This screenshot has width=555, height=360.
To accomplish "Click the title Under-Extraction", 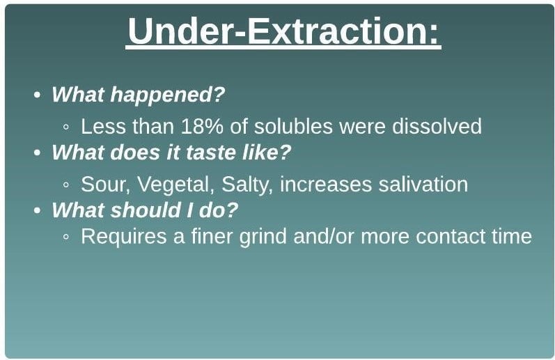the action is [x=283, y=31].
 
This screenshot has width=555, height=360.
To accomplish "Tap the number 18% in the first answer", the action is [x=202, y=126].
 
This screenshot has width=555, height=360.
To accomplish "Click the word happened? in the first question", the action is [x=168, y=95].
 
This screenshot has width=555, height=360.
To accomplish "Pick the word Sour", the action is [x=105, y=185].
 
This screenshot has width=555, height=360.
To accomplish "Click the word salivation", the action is [x=423, y=185].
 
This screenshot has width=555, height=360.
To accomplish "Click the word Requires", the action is [x=123, y=237].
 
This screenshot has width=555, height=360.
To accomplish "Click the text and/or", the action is [x=324, y=236].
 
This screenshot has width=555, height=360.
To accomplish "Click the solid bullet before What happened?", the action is [x=37, y=95].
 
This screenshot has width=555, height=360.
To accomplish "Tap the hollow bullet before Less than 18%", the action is [x=66, y=127].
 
